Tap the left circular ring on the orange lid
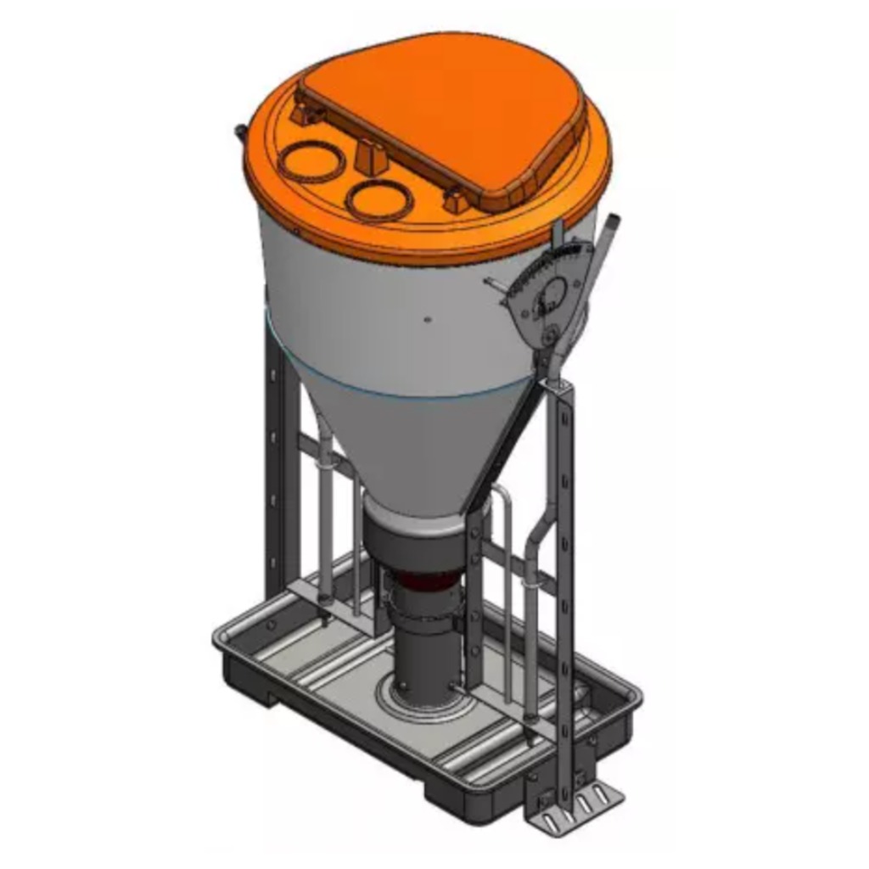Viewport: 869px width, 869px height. (x=313, y=161)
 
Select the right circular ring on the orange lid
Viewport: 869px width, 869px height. (x=378, y=200)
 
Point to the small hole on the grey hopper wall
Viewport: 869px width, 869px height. (x=428, y=320)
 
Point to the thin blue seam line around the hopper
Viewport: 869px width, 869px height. (x=407, y=386)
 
